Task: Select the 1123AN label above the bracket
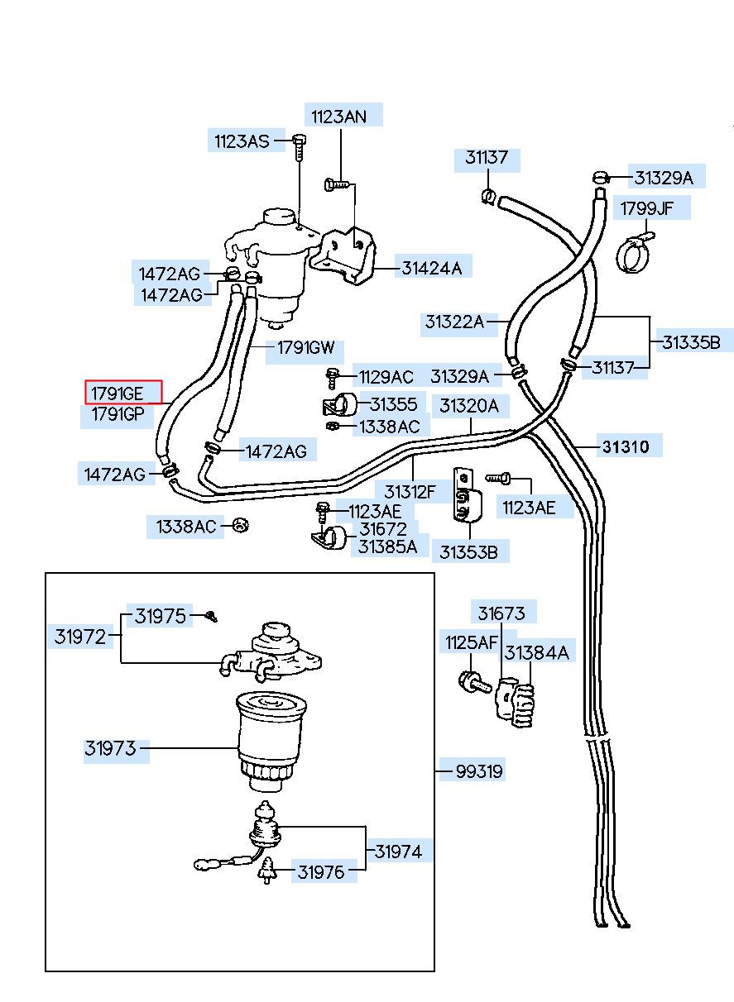coord(339,117)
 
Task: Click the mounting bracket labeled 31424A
coord(344,256)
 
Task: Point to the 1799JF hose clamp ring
coord(634,254)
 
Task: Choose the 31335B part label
coord(691,342)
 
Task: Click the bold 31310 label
coord(625,446)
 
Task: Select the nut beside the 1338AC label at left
coord(241,525)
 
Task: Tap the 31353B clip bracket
coord(467,495)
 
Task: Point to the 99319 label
coord(478,771)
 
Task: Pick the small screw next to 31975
coord(211,617)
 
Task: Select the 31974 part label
coord(398,851)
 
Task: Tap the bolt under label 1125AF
coord(474,682)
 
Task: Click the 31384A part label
coord(536,653)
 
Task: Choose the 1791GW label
coord(305,347)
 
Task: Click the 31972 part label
coord(79,636)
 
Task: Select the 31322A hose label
coord(454,321)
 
